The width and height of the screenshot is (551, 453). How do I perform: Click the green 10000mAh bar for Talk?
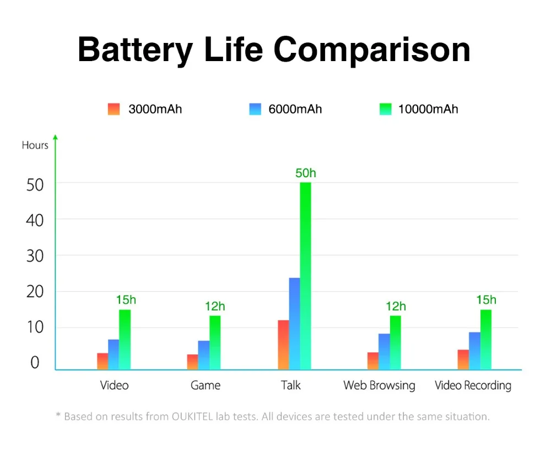point(305,275)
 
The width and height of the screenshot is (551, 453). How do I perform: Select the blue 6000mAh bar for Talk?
point(294,323)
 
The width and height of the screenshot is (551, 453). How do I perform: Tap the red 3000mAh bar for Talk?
point(283,345)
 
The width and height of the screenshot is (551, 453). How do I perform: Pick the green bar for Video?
point(125,339)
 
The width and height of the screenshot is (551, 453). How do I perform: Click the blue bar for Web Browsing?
point(384,351)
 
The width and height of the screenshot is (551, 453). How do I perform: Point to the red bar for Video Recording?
point(463,359)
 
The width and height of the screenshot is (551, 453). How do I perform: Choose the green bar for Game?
point(214,342)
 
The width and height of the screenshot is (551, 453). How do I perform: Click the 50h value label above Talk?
point(306,173)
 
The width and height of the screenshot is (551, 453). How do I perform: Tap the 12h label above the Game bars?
point(215,307)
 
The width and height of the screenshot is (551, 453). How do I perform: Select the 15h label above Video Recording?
point(486,300)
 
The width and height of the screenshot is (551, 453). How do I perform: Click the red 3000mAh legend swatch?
point(114,109)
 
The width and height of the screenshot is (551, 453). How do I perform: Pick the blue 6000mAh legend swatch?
point(255,109)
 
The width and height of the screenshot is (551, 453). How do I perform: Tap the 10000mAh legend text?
point(428,109)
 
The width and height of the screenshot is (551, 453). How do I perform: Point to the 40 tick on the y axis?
point(35,220)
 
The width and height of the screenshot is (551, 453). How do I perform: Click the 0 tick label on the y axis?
point(35,363)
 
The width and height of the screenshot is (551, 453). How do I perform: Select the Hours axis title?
point(35,145)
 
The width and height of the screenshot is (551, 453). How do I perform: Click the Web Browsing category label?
point(379,385)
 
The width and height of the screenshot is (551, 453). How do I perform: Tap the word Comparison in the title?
point(372,50)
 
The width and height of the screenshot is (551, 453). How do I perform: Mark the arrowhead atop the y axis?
point(55,137)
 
